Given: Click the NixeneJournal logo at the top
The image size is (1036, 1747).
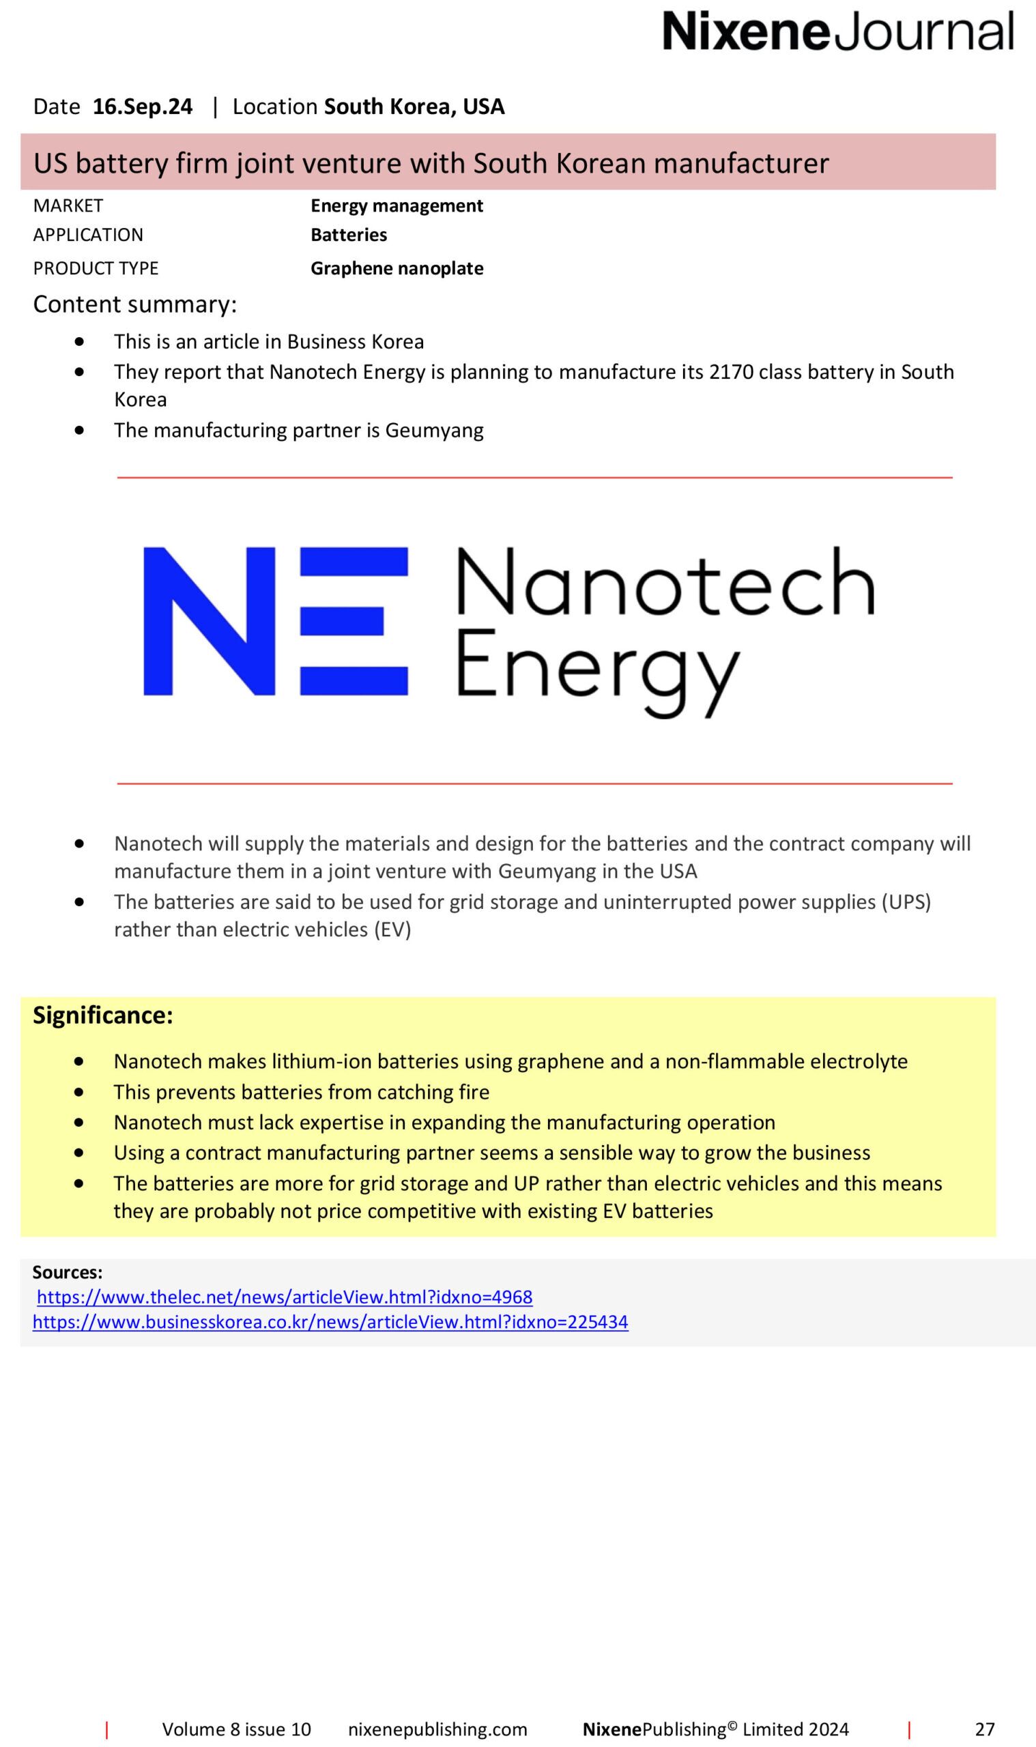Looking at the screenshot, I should [837, 31].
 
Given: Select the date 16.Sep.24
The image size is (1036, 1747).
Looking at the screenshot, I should [143, 106].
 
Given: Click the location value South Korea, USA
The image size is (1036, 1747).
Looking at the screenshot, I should [414, 106].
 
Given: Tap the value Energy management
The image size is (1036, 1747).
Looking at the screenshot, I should [397, 206].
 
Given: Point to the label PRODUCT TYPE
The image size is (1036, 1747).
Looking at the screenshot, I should [96, 269].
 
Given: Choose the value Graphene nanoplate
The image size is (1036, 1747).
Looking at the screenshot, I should [397, 269].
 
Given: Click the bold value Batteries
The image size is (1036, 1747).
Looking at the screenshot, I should [348, 235].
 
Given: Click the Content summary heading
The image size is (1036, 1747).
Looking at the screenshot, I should [134, 304].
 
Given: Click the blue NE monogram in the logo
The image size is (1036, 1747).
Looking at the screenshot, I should [275, 620].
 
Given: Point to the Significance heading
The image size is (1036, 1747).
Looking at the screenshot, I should [102, 1015].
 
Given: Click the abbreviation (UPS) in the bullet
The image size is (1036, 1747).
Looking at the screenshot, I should [906, 901].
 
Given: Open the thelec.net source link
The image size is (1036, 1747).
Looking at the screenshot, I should [285, 1297].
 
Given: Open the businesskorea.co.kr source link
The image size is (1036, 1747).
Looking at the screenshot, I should [330, 1322].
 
